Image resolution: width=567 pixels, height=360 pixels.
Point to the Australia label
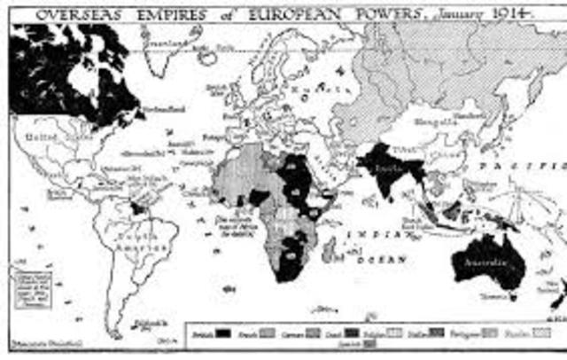pos(485,262)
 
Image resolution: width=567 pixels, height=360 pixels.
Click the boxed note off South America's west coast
pos(23,288)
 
